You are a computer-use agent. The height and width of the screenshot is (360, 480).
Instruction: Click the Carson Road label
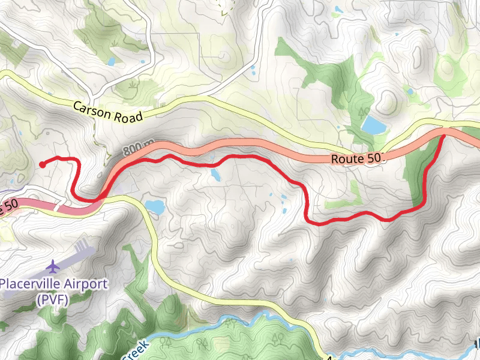[108, 112]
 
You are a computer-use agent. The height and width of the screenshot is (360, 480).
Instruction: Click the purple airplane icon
[53, 265]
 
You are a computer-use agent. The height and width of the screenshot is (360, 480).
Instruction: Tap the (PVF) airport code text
[53, 298]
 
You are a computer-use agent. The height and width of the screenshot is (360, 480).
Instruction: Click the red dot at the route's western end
[41, 164]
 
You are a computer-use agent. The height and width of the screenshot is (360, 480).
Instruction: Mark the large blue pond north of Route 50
[373, 125]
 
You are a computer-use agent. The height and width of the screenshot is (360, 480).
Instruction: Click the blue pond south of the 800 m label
[155, 207]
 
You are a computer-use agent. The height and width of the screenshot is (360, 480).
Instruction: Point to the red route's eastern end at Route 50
[444, 136]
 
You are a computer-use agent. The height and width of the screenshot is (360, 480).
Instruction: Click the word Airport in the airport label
[88, 284]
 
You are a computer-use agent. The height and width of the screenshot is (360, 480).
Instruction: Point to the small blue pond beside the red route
[215, 175]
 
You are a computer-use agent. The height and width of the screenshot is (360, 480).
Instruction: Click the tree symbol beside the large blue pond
[363, 111]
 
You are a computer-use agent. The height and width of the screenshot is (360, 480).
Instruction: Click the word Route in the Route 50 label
[346, 159]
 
